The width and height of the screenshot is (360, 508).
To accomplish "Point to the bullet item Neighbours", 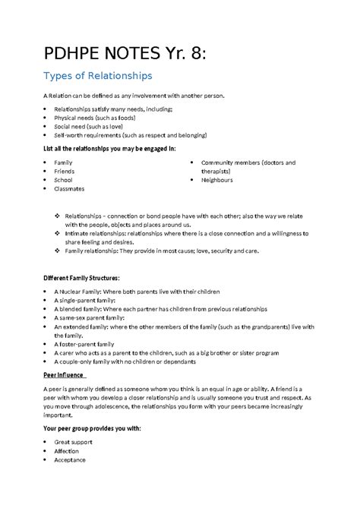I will pyautogui.click(x=216, y=180).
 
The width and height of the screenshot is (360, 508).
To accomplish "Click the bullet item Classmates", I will pyautogui.click(x=69, y=189).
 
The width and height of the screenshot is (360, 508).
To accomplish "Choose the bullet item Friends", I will pyautogui.click(x=65, y=172).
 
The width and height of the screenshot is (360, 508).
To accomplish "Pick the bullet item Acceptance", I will pyautogui.click(x=70, y=459).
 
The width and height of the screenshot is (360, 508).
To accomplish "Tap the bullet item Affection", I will pyautogui.click(x=68, y=450).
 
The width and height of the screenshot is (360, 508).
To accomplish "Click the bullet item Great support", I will pyautogui.click(x=73, y=441).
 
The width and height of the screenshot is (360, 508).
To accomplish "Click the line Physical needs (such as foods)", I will pyautogui.click(x=94, y=118).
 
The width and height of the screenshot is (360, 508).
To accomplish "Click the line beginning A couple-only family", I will pyautogui.click(x=115, y=361).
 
